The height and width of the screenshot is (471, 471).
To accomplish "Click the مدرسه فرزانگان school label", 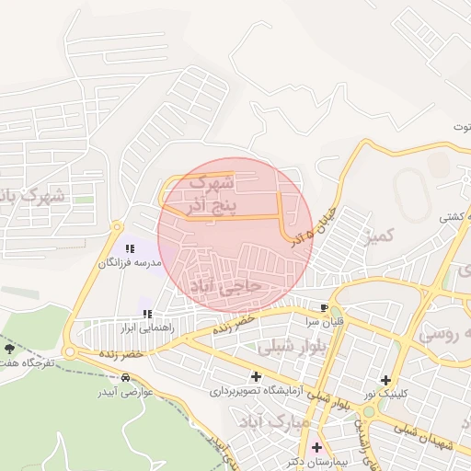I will [131, 263].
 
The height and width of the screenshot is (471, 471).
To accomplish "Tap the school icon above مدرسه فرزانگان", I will [130, 249].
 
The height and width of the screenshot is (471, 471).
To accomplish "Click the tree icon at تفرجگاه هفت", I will [10, 350].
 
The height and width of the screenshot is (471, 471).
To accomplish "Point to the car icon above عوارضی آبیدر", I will [125, 378].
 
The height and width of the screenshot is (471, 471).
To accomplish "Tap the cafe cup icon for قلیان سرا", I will [324, 307].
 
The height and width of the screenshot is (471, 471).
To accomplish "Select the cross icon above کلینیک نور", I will [385, 380].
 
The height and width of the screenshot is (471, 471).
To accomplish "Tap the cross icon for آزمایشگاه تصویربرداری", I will [255, 376].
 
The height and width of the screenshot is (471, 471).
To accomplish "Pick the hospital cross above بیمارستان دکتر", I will [316, 448].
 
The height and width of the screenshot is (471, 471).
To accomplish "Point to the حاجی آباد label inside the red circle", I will [226, 286].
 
